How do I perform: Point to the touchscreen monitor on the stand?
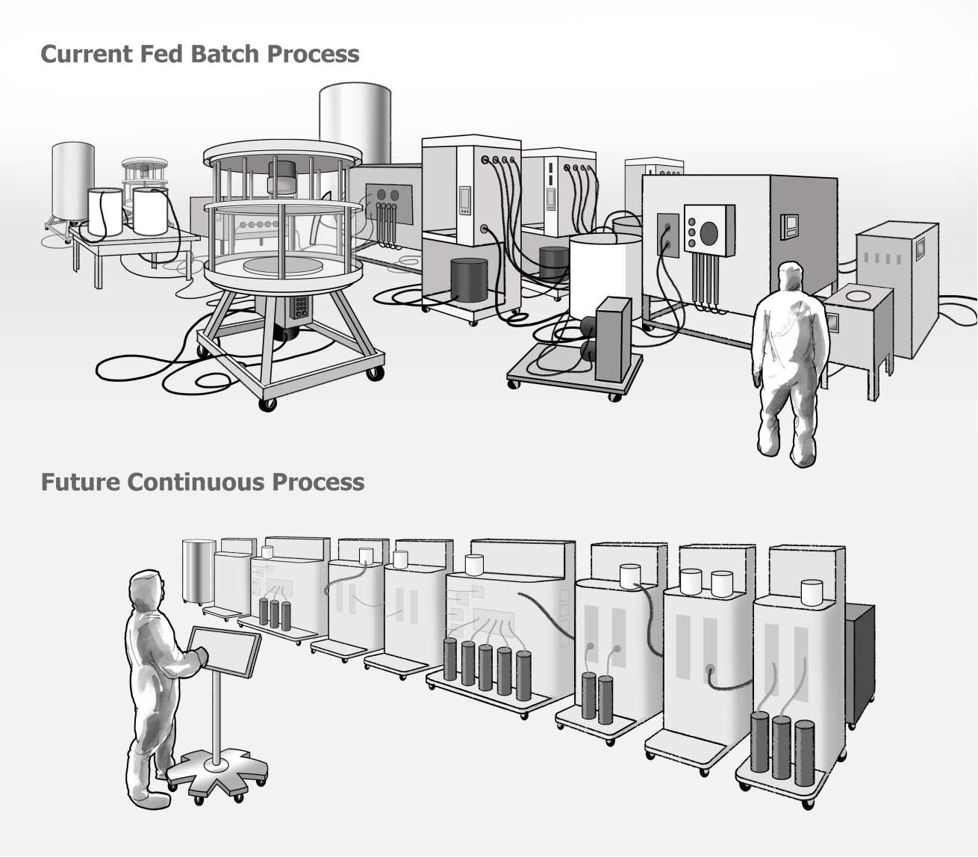tap(224, 650)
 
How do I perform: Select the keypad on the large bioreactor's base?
tap(302, 306)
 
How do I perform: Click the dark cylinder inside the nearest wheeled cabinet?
tap(468, 280)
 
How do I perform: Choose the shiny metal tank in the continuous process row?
tap(199, 569)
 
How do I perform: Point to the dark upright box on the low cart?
tap(614, 336)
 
